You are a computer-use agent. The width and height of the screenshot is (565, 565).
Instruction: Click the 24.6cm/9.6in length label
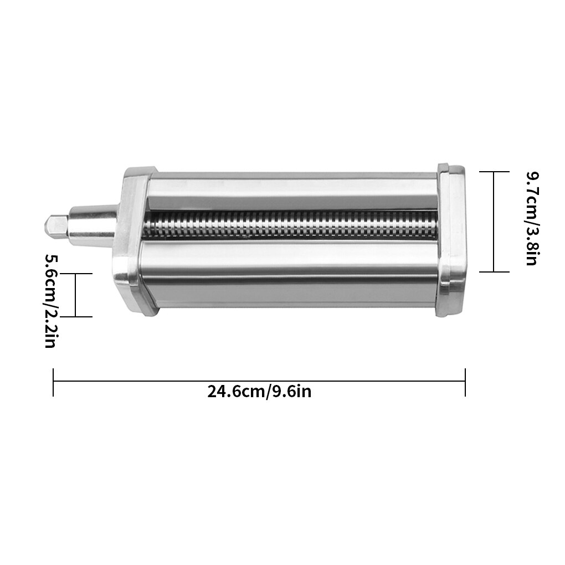(259, 392)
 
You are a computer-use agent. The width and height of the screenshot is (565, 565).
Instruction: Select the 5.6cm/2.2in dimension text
(51, 301)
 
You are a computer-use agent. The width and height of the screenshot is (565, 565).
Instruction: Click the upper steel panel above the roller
(291, 192)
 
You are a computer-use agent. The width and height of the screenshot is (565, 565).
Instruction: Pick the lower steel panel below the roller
(291, 271)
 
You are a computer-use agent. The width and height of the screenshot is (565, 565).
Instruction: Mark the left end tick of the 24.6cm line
(53, 382)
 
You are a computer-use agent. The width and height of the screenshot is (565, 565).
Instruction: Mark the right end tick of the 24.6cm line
(465, 382)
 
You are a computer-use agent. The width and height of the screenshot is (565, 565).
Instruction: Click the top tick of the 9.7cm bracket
(494, 172)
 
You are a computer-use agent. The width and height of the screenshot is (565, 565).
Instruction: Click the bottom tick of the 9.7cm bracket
(494, 271)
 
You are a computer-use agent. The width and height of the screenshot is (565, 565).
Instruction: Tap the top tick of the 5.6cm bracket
(76, 273)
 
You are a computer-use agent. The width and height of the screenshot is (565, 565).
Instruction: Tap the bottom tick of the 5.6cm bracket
(76, 317)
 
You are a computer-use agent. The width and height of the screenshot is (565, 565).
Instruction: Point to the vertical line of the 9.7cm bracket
(494, 222)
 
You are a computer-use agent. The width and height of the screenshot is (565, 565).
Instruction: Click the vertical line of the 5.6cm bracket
(76, 295)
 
